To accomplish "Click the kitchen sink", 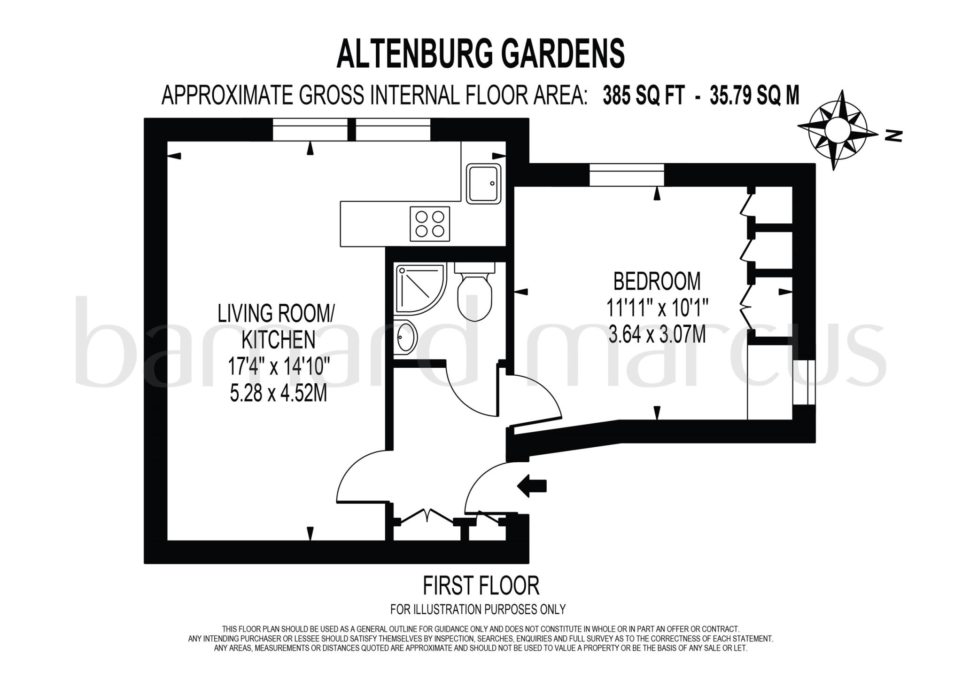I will point(483,184).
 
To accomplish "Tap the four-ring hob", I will point(430,224).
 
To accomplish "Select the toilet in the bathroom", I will point(474,294).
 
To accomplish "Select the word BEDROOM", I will point(657,282).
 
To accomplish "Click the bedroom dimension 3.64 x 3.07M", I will point(657,335).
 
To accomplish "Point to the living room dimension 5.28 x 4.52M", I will point(278,393).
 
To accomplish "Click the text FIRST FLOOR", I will point(481,586).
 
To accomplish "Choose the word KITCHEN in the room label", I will point(278,340).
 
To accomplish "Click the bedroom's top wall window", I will point(627,174).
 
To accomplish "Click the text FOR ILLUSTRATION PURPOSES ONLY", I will point(478,609).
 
